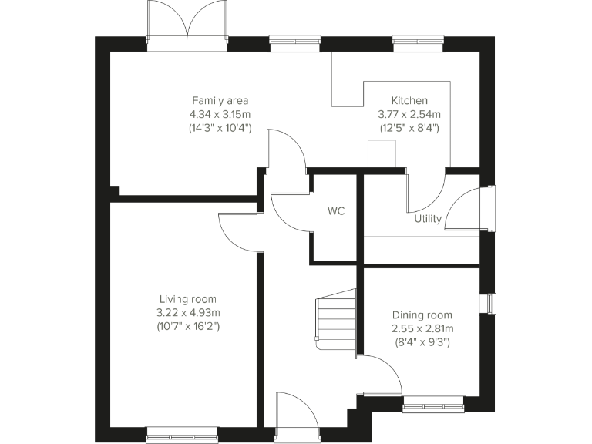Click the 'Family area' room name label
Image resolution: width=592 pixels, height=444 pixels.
click(x=220, y=100)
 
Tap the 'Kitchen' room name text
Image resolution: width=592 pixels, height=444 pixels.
click(x=409, y=100)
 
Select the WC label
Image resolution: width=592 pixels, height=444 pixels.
click(x=335, y=210)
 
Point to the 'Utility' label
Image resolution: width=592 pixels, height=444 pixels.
click(x=428, y=218)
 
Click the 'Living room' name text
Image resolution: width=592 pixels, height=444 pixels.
click(x=188, y=299)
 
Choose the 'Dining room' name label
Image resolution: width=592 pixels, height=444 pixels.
click(x=422, y=314)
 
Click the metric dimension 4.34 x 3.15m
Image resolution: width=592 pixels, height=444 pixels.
click(x=220, y=114)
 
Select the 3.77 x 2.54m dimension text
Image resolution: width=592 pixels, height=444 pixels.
click(x=409, y=114)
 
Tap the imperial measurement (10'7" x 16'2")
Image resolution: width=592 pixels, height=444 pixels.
click(x=188, y=327)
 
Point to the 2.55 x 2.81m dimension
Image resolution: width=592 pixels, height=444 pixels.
click(x=422, y=328)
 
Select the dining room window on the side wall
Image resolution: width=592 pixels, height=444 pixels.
click(x=489, y=304)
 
